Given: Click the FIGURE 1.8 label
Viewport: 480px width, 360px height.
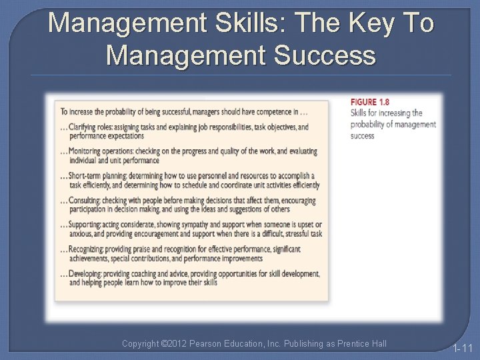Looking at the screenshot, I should [x=369, y=102].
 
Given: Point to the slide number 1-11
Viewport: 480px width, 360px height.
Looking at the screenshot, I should [x=462, y=348].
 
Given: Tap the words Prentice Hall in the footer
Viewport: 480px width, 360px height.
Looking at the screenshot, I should [x=363, y=343].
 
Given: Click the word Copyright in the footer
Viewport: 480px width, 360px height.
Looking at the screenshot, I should [x=141, y=343].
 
